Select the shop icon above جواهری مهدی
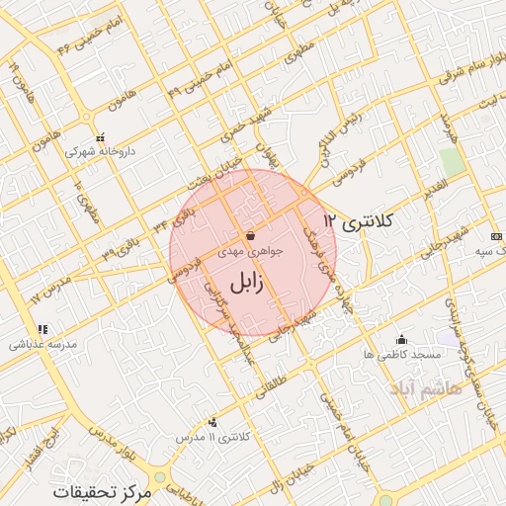click(x=250, y=236)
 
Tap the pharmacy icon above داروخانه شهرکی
click(x=99, y=138)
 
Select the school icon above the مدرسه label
click(x=42, y=329)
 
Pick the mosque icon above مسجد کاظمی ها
click(x=400, y=339)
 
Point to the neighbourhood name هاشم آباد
click(x=427, y=388)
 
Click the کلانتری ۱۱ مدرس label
click(x=210, y=436)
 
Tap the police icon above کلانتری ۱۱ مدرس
click(x=213, y=421)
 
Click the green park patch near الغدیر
click(x=453, y=162)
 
